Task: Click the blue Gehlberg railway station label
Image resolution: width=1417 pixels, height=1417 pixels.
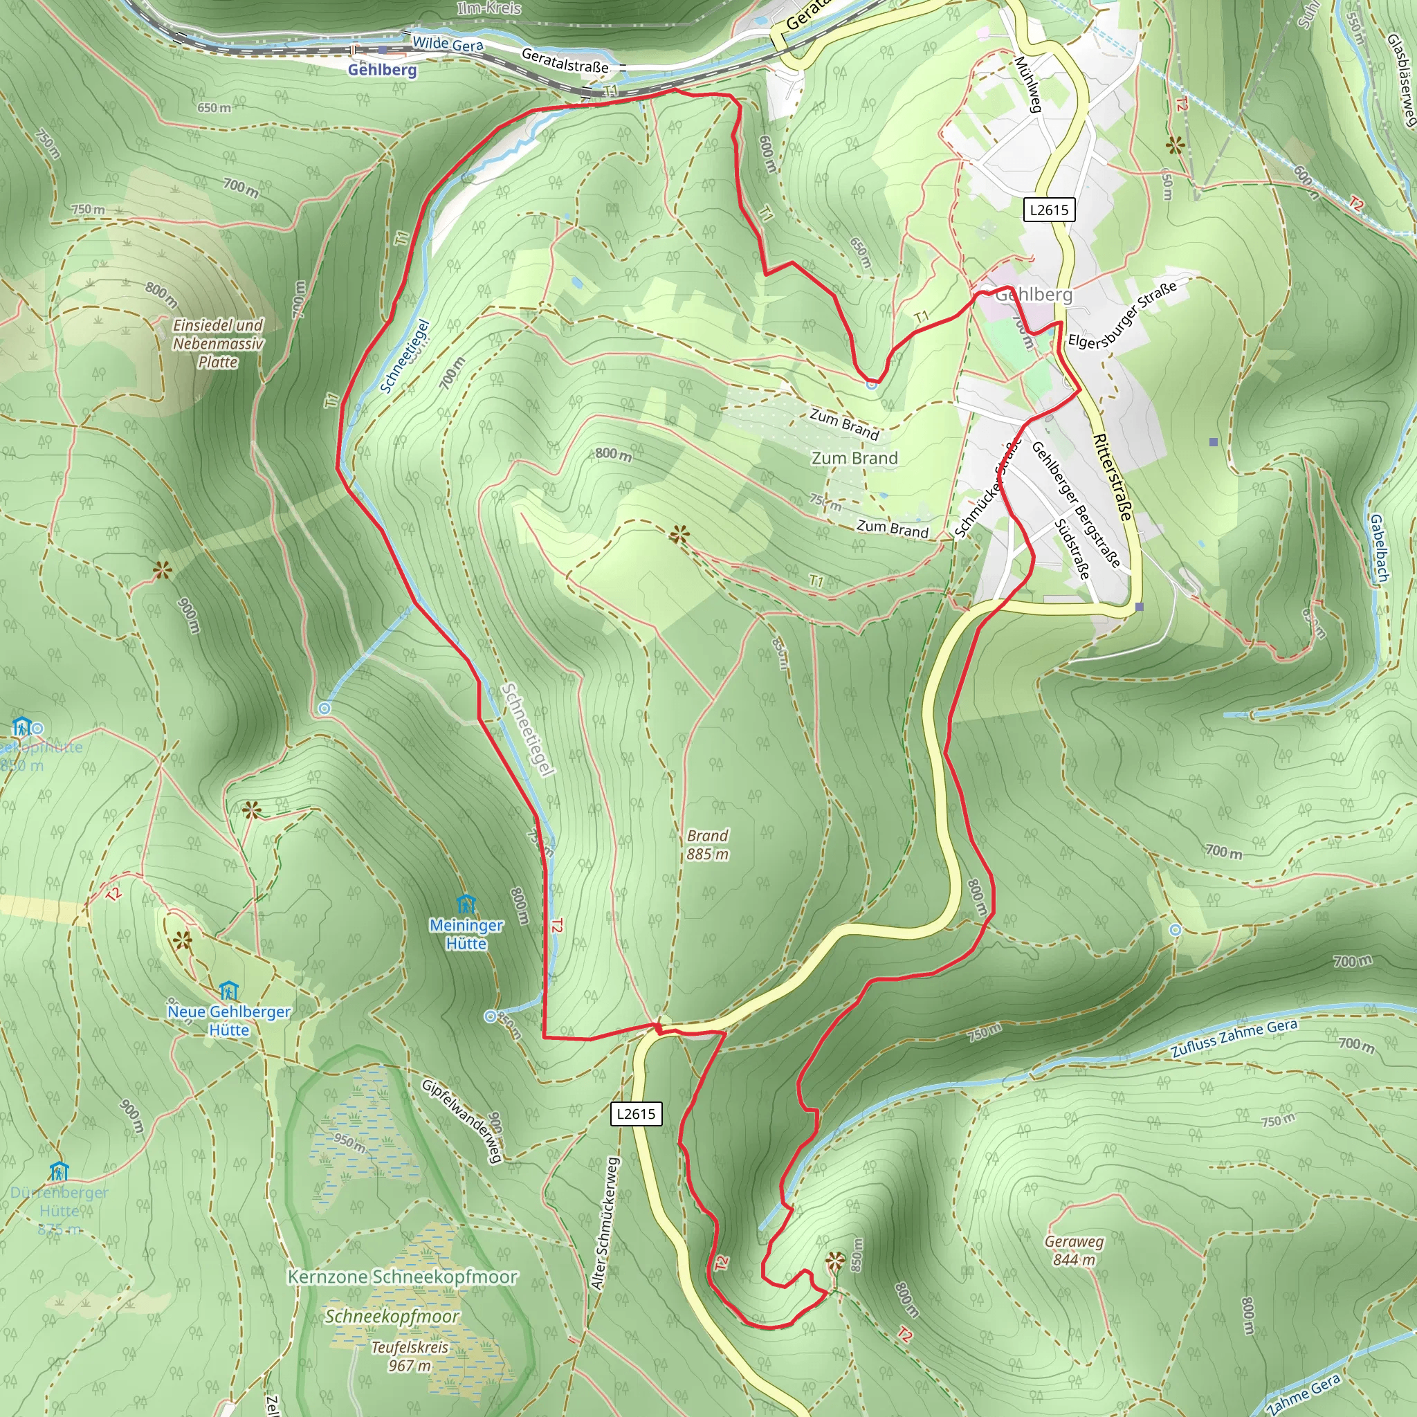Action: click(382, 70)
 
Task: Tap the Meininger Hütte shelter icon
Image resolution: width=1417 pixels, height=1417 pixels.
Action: click(466, 904)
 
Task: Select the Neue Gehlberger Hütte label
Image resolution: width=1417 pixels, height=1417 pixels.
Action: click(229, 1021)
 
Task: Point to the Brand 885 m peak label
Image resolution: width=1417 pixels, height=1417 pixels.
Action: click(708, 845)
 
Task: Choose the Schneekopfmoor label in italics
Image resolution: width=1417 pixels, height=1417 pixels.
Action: click(392, 1317)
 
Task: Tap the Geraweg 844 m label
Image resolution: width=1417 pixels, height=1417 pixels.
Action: click(1074, 1250)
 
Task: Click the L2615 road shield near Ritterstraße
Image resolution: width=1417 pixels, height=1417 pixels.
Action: click(1049, 210)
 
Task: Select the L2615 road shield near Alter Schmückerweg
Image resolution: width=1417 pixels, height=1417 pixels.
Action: click(636, 1114)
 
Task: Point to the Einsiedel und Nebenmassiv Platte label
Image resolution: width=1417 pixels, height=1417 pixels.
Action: click(218, 343)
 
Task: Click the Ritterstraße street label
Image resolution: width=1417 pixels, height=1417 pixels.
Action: click(1113, 477)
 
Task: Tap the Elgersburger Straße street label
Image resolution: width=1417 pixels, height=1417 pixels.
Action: click(1122, 315)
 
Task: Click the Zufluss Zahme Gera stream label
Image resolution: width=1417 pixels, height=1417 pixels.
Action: click(1234, 1038)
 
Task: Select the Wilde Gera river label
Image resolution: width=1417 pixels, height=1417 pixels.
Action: click(448, 44)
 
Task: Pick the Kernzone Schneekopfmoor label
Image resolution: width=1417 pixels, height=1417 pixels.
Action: click(402, 1277)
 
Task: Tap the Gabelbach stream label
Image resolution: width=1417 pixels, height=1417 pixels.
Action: click(1379, 548)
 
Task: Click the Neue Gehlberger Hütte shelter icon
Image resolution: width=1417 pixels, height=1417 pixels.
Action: click(229, 991)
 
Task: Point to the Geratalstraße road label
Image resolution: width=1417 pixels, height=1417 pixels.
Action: click(565, 60)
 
